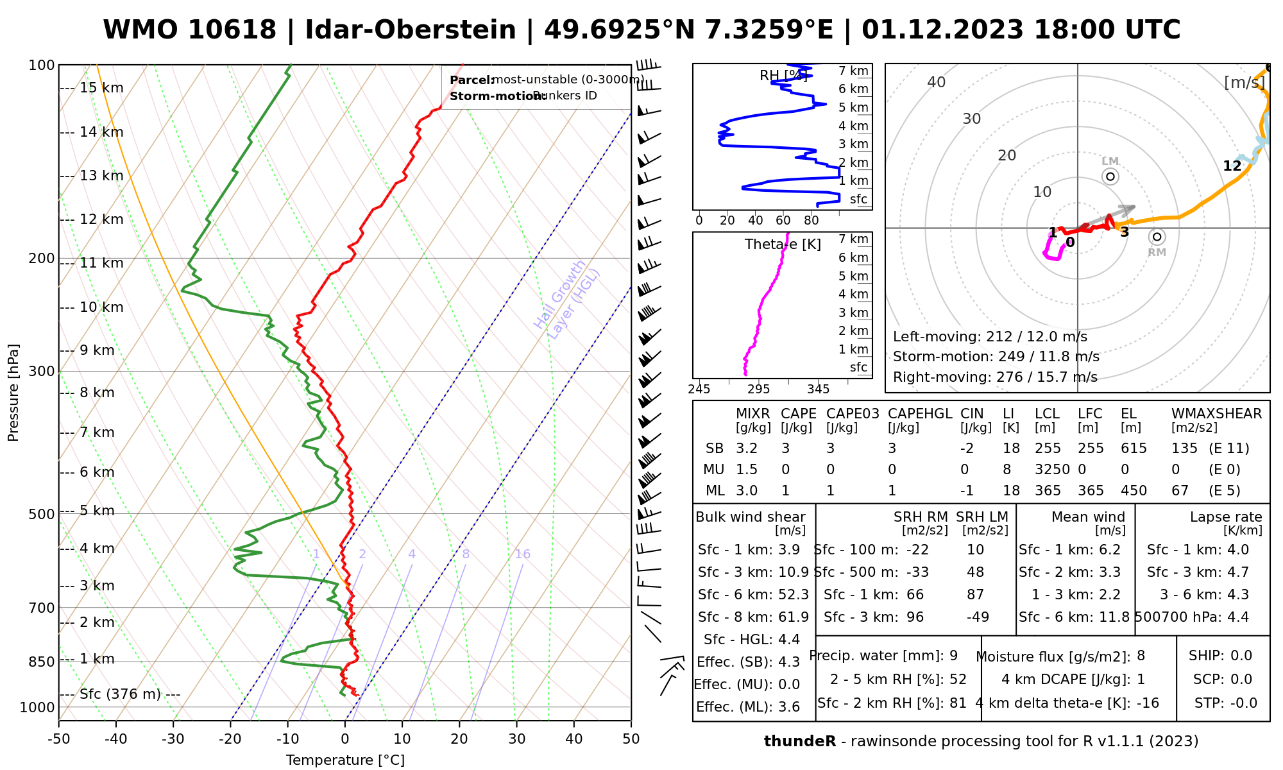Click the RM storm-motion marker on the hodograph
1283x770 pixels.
click(x=1157, y=237)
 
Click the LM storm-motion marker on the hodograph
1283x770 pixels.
click(x=1110, y=176)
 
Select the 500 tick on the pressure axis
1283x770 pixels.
click(x=42, y=514)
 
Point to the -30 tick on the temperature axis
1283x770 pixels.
click(x=173, y=739)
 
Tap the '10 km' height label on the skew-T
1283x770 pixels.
click(x=101, y=307)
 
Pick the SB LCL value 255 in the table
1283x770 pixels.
click(x=1048, y=449)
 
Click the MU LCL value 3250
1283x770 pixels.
click(x=1052, y=470)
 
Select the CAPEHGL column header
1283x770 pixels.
click(x=919, y=414)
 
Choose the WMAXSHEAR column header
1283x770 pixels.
click(x=1216, y=414)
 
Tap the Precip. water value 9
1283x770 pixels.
click(x=953, y=656)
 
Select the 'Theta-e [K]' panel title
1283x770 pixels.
click(x=783, y=244)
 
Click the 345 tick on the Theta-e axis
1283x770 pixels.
click(x=818, y=389)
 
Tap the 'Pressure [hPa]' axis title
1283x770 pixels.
click(x=13, y=393)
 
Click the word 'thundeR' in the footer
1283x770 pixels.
click(x=799, y=742)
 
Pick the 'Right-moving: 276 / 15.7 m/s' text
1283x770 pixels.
click(x=995, y=377)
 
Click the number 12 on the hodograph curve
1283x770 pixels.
click(x=1232, y=166)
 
